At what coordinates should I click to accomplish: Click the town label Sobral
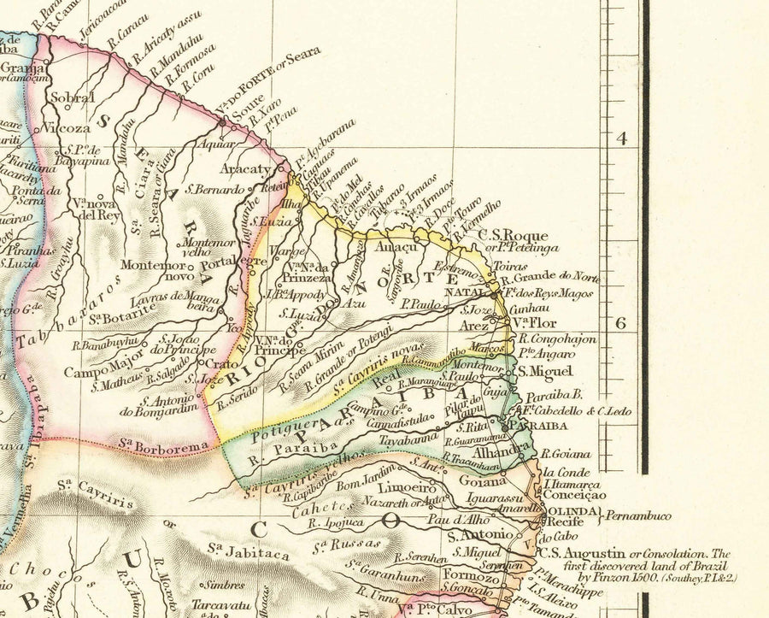click(72, 98)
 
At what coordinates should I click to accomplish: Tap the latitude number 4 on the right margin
click(621, 138)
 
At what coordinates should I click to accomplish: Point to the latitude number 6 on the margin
click(621, 322)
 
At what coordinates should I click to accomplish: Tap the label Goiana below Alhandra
click(477, 481)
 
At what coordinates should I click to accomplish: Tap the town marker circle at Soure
click(223, 122)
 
